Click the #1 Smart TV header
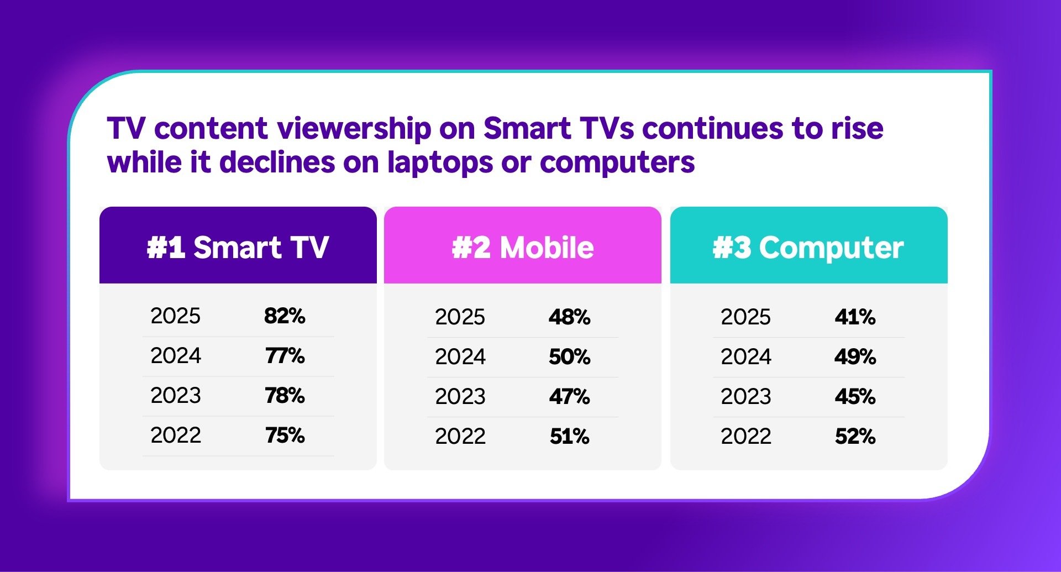[238, 247]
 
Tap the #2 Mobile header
[523, 247]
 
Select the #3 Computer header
[808, 247]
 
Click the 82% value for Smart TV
[285, 316]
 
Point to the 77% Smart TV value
[285, 355]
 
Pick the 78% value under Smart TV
[285, 395]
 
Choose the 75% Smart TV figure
[285, 435]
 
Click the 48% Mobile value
[570, 317]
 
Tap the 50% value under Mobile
[570, 356]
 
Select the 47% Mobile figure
[570, 396]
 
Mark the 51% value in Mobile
[570, 436]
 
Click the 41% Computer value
[855, 317]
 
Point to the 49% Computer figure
[855, 356]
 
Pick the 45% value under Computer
[855, 396]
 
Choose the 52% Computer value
[855, 436]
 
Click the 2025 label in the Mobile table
[460, 317]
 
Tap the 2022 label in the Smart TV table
[176, 435]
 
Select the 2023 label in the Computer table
[746, 396]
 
